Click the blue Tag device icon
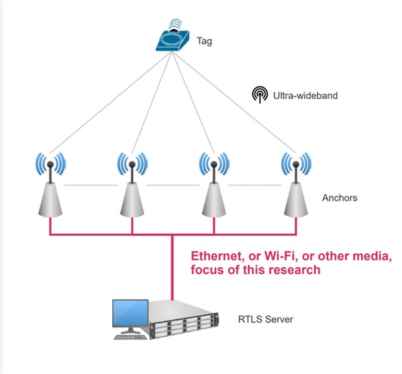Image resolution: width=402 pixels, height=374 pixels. (x=173, y=41)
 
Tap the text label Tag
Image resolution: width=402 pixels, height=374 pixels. (x=204, y=41)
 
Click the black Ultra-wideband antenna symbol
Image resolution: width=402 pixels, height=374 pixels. (x=260, y=94)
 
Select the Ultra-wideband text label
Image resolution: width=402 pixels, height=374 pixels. (x=306, y=96)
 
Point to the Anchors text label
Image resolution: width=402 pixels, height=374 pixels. (x=339, y=197)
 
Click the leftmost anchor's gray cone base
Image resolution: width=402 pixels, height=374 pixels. (x=50, y=200)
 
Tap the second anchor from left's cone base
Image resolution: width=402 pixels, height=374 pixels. (x=132, y=200)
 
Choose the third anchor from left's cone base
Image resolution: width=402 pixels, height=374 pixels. (x=214, y=200)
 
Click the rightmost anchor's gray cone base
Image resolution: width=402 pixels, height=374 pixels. (x=296, y=200)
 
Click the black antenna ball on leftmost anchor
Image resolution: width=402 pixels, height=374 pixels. (x=50, y=164)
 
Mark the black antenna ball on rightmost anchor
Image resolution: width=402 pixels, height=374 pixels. (x=296, y=164)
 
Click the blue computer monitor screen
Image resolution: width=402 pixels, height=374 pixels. (x=131, y=313)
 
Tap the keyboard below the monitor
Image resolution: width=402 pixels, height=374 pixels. (x=131, y=337)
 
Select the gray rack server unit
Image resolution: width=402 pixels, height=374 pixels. (x=184, y=320)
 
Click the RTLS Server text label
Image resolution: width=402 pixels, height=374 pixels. (x=266, y=319)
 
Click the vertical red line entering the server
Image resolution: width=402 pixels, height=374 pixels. (x=172, y=267)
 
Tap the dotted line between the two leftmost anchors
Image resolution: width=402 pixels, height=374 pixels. (x=91, y=185)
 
